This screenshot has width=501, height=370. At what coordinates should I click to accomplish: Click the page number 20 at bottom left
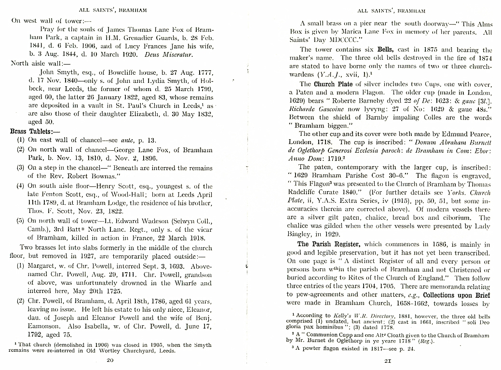click(110, 360)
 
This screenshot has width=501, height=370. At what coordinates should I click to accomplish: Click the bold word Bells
click(386, 49)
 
